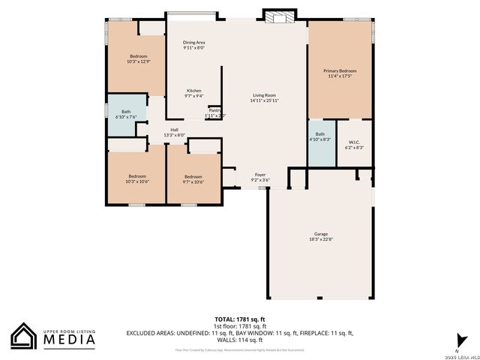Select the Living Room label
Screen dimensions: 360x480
point(264,95)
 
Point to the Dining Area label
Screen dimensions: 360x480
point(194,43)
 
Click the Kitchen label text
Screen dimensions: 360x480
point(193,91)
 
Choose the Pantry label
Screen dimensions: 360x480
point(214,110)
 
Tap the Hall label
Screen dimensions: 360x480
point(174,130)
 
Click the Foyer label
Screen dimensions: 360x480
point(260,175)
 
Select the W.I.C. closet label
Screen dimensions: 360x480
point(354,142)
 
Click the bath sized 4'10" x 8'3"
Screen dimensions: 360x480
point(319,136)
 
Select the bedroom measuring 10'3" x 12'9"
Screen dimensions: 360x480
point(138,59)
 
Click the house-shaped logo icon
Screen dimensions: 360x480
point(25,336)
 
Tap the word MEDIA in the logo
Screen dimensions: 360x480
point(68,340)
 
